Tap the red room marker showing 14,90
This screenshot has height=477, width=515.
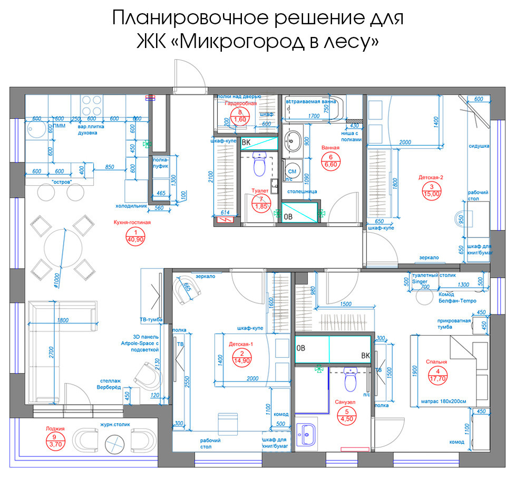tap(241, 357)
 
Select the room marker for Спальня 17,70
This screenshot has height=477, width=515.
tap(438, 374)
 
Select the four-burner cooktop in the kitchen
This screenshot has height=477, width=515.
tap(91, 106)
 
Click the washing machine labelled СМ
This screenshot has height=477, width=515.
tap(292, 171)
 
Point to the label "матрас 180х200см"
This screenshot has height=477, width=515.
tap(444, 401)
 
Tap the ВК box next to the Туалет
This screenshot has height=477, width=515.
tap(246, 142)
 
